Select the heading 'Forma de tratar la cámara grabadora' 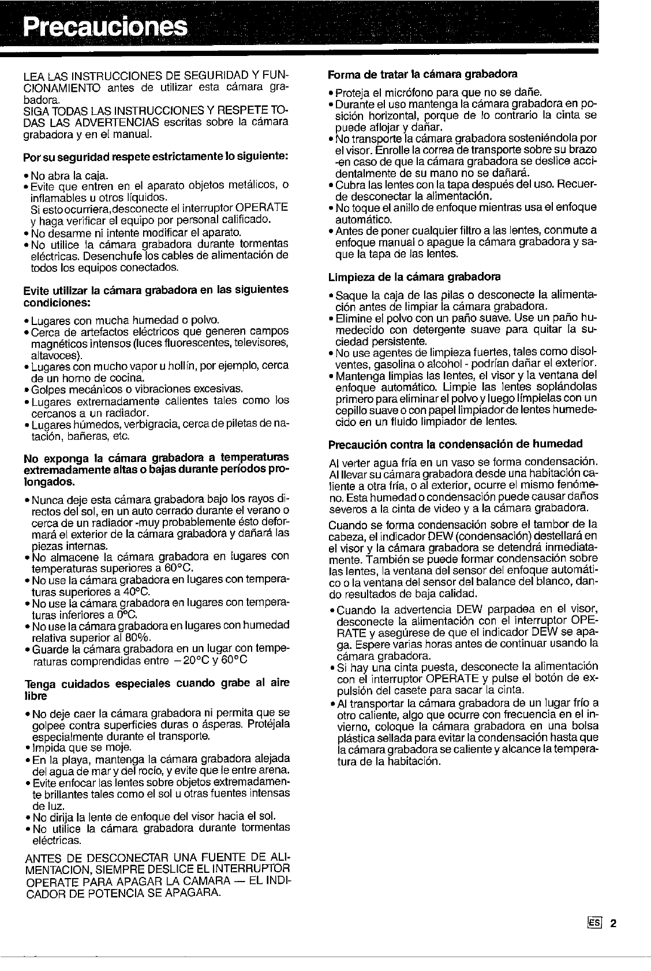coord(422,74)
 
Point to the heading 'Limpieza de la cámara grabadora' coord(414,277)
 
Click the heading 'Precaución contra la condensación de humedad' coord(455,443)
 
